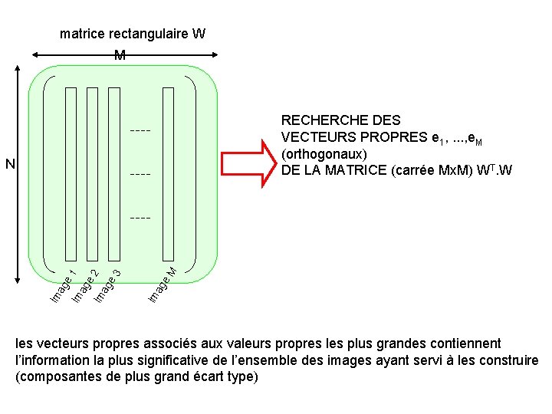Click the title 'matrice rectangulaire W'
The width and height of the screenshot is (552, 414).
pyautogui.click(x=133, y=34)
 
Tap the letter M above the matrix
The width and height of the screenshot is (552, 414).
pyautogui.click(x=120, y=55)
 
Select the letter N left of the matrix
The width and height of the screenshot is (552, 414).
pyautogui.click(x=10, y=163)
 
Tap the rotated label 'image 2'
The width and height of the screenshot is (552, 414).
pyautogui.click(x=84, y=284)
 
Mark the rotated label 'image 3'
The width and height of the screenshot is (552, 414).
pyautogui.click(x=107, y=284)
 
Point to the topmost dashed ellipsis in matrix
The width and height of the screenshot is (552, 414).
pyautogui.click(x=140, y=130)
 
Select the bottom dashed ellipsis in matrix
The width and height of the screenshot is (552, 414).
pyautogui.click(x=140, y=219)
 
